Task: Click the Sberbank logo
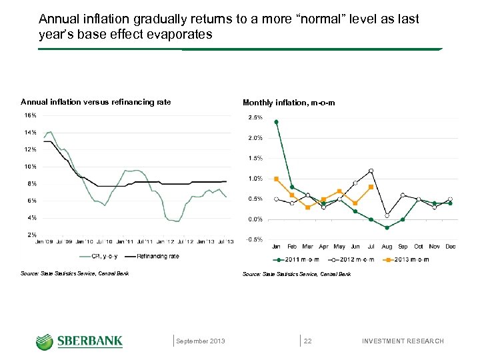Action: pos(79,341)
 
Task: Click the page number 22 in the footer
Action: pos(308,341)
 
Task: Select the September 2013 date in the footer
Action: pos(201,341)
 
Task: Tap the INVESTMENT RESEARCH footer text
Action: pos(402,341)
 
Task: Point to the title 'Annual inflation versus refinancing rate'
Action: pos(95,102)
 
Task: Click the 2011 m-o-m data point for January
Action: pos(276,122)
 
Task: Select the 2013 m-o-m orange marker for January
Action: pos(276,179)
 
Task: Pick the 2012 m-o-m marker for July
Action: pos(371,171)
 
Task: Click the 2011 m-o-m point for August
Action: pos(387,227)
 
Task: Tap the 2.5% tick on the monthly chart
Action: pos(255,118)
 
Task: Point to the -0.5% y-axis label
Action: pos(255,240)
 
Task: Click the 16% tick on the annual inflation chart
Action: pos(31,115)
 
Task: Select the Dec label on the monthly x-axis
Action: pos(451,247)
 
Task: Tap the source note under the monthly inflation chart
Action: pos(296,274)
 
